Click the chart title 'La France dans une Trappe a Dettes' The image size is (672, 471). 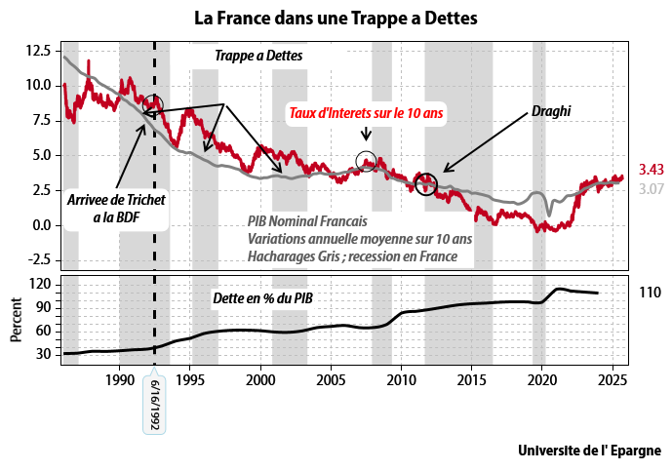[x=336, y=19]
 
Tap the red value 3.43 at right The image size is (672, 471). [x=651, y=170]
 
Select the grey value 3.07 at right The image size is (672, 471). [x=651, y=188]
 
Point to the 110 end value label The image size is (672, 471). [x=650, y=293]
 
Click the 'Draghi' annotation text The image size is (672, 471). [x=551, y=111]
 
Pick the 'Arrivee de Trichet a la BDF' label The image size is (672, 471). [x=116, y=209]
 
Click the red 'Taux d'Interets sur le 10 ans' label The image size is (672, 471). [x=366, y=113]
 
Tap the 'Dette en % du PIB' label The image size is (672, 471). [x=262, y=297]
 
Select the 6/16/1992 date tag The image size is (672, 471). [x=154, y=404]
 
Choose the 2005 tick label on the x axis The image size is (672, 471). [x=331, y=379]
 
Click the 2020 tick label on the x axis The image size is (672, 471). [x=541, y=379]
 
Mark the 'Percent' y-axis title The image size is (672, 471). [x=16, y=320]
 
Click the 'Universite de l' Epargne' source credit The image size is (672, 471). [x=589, y=451]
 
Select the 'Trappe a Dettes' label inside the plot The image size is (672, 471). [x=258, y=56]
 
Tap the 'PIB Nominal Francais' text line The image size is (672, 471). [x=307, y=221]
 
